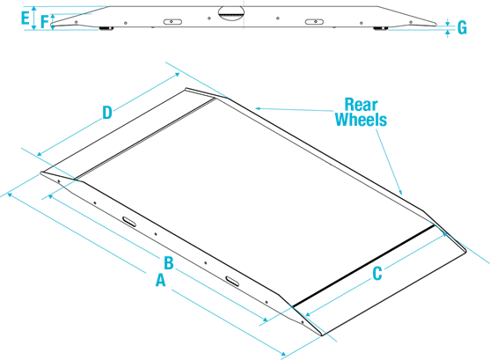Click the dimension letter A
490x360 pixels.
coord(160,280)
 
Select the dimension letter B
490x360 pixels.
coord(169,262)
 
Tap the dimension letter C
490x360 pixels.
coord(377,274)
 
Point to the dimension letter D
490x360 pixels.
coord(107,113)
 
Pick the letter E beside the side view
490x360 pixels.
coord(26,18)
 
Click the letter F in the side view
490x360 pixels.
coord(45,22)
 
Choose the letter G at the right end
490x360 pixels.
coord(462,27)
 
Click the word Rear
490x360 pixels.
coord(361,105)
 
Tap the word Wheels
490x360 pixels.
coord(361,120)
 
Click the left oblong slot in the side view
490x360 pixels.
coord(172,22)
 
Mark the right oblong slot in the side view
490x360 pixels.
coord(314,22)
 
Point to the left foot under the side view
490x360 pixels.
coord(106,29)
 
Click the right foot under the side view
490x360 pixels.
coord(381,29)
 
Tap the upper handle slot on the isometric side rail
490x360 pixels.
coord(129,221)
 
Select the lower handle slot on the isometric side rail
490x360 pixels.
coord(232,281)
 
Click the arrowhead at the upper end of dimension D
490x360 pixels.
coord(178,75)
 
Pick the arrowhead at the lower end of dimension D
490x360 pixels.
coord(39,154)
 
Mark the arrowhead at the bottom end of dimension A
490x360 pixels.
coord(282,354)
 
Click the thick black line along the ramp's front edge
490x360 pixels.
coord(363,265)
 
